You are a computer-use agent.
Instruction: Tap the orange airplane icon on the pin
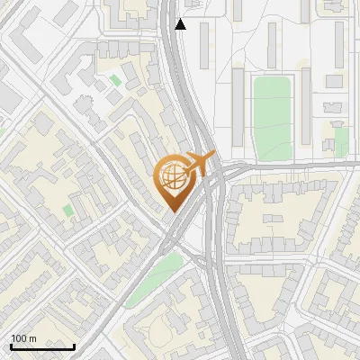(x=199, y=163)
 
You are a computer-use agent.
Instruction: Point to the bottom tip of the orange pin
(x=172, y=212)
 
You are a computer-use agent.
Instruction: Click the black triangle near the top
(x=181, y=24)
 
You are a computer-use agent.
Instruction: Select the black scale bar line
(x=42, y=346)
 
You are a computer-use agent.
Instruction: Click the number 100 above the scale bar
(x=20, y=338)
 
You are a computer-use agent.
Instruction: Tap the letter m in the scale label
(x=33, y=338)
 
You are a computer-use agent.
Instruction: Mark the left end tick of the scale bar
(x=11, y=345)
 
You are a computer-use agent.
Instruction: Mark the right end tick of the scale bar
(x=74, y=345)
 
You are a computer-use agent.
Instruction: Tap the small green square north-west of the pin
(x=115, y=81)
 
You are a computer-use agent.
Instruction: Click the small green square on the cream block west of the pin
(x=68, y=211)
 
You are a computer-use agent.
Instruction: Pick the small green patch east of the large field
(x=341, y=139)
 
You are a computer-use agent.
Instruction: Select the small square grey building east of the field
(x=334, y=81)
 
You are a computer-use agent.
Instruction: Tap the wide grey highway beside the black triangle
(x=170, y=36)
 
